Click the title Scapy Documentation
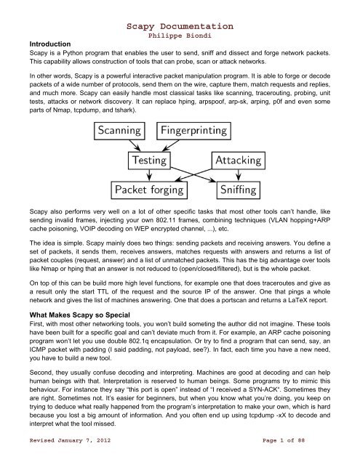pos(180,7)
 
